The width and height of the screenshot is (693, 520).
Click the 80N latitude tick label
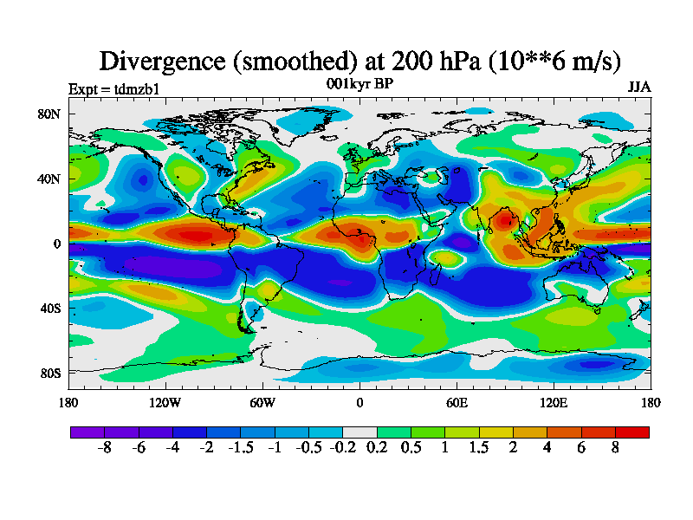point(49,114)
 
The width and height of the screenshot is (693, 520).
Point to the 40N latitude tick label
point(49,179)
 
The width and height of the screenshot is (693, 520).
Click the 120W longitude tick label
point(165,403)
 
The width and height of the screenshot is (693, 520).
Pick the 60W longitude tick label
point(262,403)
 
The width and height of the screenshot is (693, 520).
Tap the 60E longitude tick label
point(457,403)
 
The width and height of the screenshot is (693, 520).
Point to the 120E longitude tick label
point(554,403)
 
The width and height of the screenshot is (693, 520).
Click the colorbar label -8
point(106,448)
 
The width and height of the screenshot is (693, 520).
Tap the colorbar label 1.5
point(478,448)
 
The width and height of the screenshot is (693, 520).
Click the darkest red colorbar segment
point(632,432)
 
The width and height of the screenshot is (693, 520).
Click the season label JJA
point(638,88)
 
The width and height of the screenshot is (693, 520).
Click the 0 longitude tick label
point(359,403)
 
